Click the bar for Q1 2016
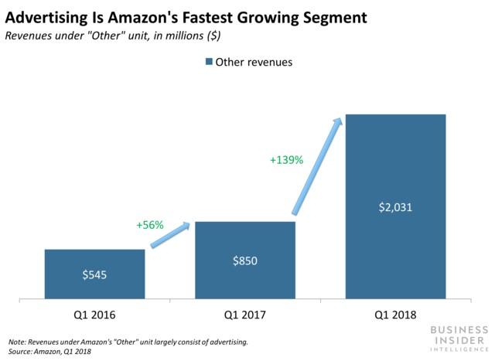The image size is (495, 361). click(94, 273)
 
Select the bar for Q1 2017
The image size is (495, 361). click(245, 259)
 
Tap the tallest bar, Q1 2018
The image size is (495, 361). click(395, 206)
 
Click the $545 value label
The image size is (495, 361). click(94, 274)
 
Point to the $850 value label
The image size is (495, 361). click(245, 261)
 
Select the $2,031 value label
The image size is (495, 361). click(395, 206)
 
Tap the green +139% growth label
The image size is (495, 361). click(286, 160)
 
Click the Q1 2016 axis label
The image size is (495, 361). click(94, 315)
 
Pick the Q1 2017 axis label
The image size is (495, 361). click(245, 315)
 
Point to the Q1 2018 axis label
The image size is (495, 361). click(395, 315)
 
